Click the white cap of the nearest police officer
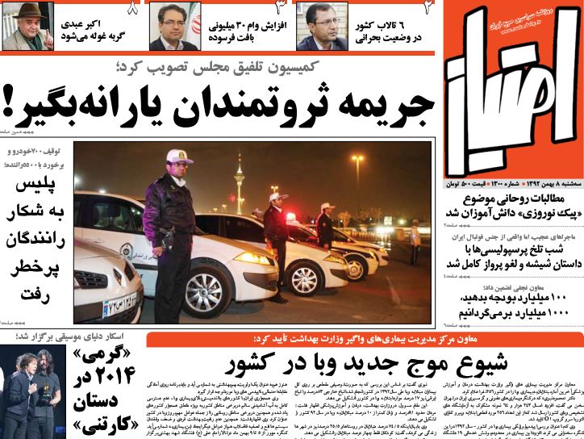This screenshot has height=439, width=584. pyautogui.click(x=179, y=156)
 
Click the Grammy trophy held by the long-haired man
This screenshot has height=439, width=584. pyautogui.click(x=46, y=395)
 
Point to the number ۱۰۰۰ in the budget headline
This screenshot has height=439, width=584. pyautogui.click(x=556, y=312)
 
